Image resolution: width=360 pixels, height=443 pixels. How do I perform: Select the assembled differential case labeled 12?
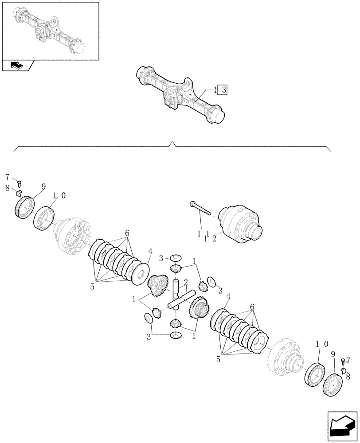point(242,223)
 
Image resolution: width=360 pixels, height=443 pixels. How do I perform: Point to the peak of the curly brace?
point(173,143)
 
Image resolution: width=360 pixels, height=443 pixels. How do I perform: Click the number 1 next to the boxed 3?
point(215,90)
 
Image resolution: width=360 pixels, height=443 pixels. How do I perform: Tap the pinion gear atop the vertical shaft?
point(176,268)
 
